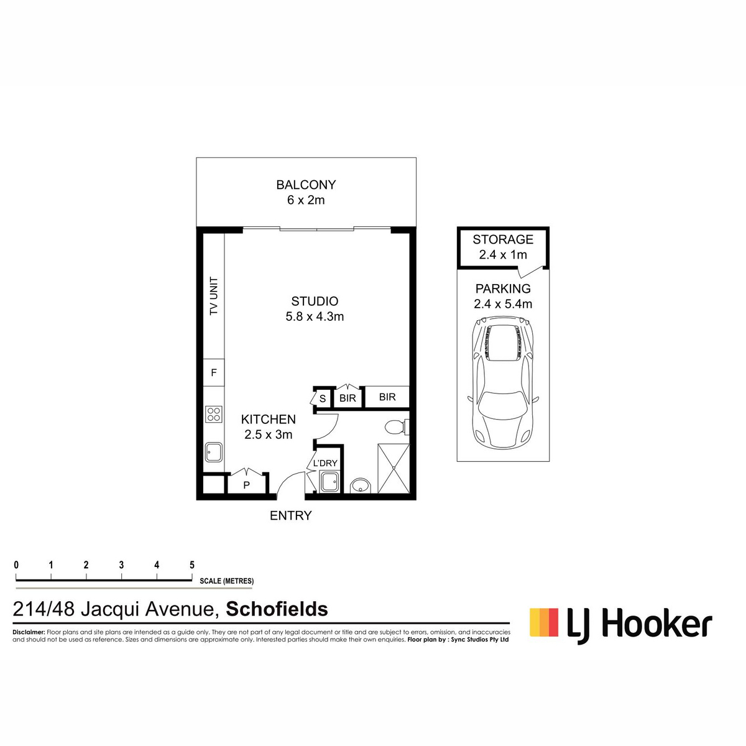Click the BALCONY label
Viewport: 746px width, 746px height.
pos(306,185)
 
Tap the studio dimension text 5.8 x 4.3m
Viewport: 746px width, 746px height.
pos(315,316)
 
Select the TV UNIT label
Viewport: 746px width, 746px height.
pos(214,296)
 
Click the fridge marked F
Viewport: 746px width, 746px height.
pos(214,372)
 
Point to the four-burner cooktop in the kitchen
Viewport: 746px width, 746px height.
pos(214,413)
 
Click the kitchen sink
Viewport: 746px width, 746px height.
pos(214,452)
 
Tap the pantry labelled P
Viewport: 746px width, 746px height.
pos(247,484)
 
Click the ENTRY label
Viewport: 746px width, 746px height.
pos(291,515)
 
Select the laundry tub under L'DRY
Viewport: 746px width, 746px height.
pos(329,482)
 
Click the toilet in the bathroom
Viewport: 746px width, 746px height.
pos(395,427)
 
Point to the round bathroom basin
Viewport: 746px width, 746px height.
pos(360,486)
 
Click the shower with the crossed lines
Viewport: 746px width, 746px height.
pos(394,469)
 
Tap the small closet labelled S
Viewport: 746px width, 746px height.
pos(323,398)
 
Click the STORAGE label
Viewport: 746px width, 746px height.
pos(503,239)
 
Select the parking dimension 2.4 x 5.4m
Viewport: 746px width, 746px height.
pos(503,304)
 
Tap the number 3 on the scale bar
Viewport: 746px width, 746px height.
pos(122,565)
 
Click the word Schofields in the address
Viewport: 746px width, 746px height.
pos(277,609)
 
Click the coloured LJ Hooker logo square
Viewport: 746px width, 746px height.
pos(544,622)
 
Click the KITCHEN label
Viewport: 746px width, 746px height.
pos(269,419)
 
